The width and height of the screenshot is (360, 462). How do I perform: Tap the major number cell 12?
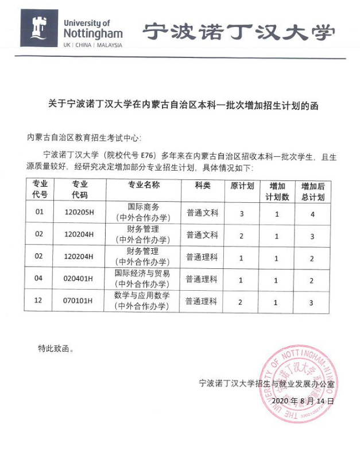pos(39,301)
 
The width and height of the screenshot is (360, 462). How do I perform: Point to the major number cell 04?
pos(39,279)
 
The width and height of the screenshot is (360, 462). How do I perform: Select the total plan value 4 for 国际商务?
pos(312,213)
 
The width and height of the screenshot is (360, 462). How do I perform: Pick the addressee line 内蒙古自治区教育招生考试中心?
pos(83,138)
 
